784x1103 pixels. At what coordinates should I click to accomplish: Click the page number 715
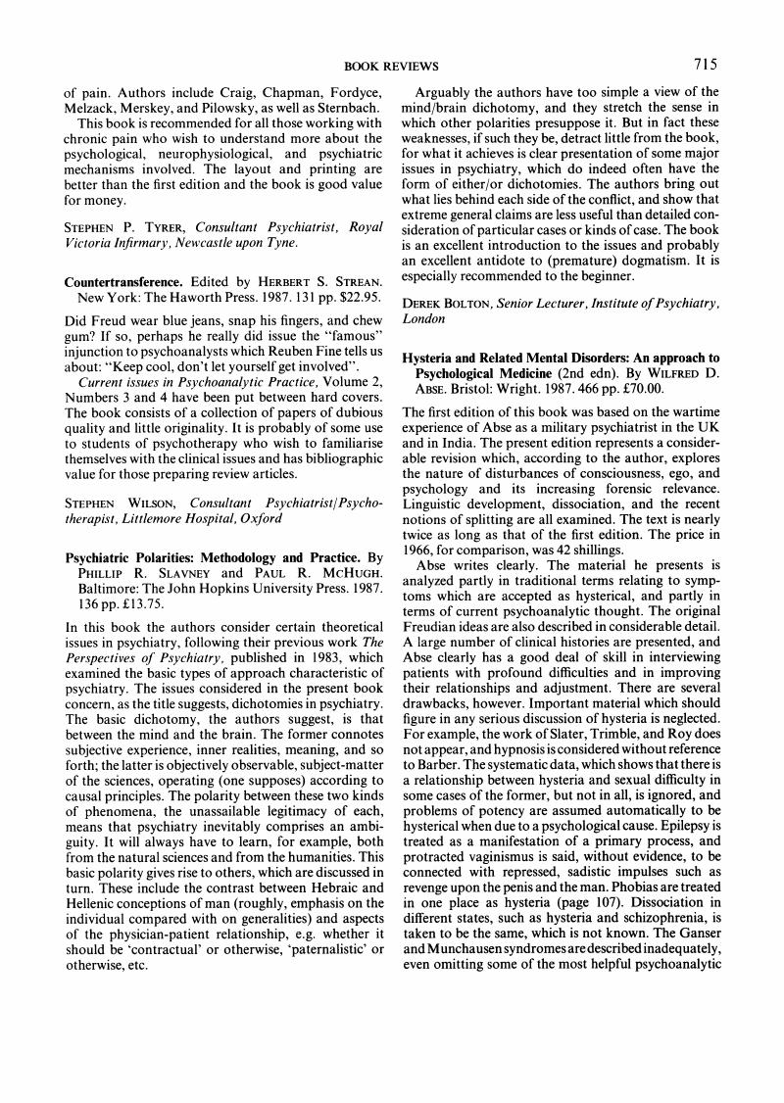coord(706,65)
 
